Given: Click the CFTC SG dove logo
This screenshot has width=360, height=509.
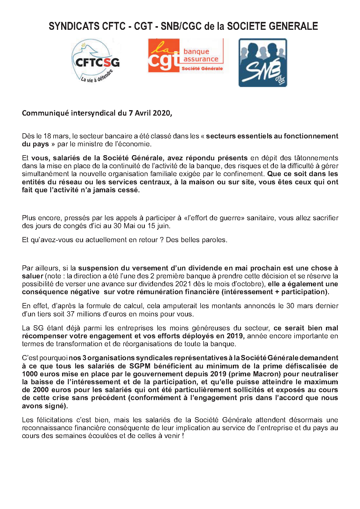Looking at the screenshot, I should point(96,62).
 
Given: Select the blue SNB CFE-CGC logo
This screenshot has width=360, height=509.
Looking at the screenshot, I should point(263,63).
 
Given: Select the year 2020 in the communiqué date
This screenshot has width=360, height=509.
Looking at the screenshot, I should point(162,113).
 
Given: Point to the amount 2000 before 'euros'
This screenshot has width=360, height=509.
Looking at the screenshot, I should point(41,390).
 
